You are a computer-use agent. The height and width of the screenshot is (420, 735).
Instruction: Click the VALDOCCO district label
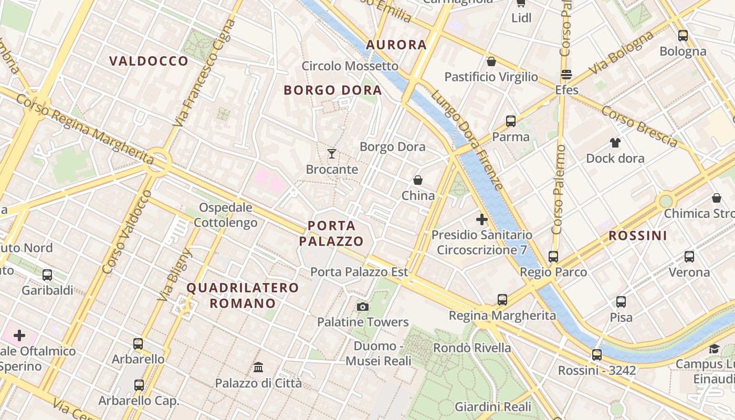coord(149,61)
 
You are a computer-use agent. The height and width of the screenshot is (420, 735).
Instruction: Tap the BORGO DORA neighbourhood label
coord(333,90)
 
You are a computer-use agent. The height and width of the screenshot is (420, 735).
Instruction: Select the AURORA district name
coord(396,45)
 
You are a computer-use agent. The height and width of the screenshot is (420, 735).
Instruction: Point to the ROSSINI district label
coord(638,236)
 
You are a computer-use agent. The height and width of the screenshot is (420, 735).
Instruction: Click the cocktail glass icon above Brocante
coord(332,154)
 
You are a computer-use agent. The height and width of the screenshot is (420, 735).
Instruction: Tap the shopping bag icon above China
coord(418,181)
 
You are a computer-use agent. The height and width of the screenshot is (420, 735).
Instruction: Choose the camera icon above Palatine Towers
coord(362,307)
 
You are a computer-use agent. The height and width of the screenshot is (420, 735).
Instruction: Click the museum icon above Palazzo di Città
coord(258,367)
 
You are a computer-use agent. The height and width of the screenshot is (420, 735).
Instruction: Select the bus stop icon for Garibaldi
coord(47,275)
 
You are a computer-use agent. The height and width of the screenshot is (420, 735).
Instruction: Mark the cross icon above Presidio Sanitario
coord(482,219)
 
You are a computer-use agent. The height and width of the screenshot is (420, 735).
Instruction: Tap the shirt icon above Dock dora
coord(615,143)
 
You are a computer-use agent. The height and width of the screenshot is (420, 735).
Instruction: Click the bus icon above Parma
coord(511,121)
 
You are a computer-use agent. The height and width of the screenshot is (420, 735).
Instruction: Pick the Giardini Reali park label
coord(493,407)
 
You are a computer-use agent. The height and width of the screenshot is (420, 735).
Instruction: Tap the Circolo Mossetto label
coord(350,66)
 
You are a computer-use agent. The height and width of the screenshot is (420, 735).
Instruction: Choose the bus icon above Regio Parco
coord(553,257)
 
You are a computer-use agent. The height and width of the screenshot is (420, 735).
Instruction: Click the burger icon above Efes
coord(566,75)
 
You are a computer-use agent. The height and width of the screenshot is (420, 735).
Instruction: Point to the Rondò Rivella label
coord(472,348)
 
